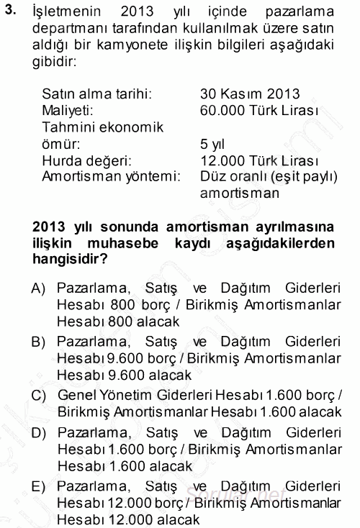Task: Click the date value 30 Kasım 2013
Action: click(251, 95)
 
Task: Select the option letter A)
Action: click(40, 289)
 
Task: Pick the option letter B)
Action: click(40, 341)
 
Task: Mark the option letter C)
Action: click(40, 395)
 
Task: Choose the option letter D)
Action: click(40, 431)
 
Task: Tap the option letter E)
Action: click(40, 484)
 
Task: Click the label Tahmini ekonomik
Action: click(103, 127)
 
